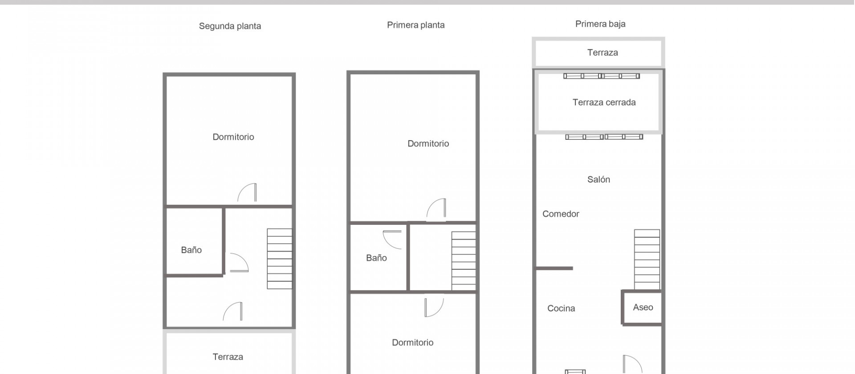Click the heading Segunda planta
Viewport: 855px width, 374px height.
(230, 26)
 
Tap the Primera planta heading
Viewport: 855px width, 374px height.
(415, 25)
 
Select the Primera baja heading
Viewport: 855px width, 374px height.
(600, 24)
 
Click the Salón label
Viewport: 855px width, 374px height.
(598, 179)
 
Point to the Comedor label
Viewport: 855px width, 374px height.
(561, 214)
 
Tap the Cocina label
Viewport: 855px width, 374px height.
(561, 308)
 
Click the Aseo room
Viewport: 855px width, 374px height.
(642, 307)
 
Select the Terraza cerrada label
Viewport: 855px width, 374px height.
(604, 102)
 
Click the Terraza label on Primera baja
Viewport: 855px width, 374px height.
(603, 53)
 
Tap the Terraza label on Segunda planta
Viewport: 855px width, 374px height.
(228, 357)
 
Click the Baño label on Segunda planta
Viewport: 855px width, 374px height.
(191, 250)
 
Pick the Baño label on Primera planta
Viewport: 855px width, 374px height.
(376, 258)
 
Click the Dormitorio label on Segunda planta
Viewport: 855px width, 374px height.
(233, 137)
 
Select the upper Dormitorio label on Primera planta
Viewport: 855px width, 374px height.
(428, 143)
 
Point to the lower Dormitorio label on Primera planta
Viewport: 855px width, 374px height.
(412, 342)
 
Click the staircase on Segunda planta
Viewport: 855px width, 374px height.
(280, 259)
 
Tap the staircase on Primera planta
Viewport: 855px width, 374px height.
(464, 261)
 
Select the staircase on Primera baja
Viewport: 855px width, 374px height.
(647, 260)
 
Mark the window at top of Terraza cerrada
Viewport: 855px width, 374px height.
(602, 76)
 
